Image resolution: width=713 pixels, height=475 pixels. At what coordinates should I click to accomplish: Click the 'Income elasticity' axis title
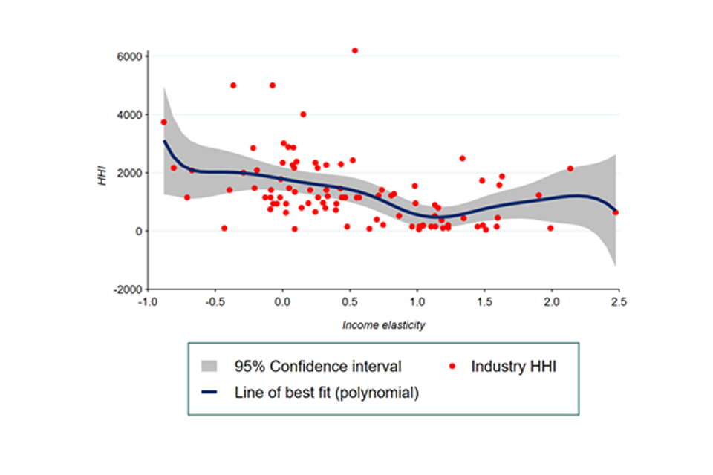coord(384,325)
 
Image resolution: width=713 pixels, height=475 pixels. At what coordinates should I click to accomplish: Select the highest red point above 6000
coord(355,50)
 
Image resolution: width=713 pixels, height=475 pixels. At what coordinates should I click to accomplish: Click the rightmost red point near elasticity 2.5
coord(616,212)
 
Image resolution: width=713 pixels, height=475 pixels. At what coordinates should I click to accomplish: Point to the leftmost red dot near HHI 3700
coord(164,122)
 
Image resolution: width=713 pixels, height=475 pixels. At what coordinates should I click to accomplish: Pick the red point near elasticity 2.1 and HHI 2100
coord(570,168)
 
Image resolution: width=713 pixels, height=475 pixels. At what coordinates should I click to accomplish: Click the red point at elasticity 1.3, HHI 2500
coord(462,158)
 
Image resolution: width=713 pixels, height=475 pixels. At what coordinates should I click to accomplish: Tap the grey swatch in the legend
coord(211,367)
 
